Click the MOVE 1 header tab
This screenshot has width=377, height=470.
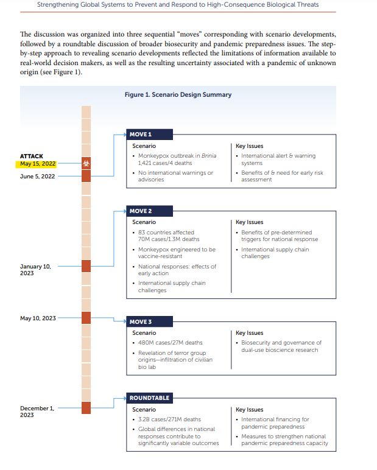(x=141, y=134)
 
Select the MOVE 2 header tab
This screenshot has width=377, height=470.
(x=141, y=211)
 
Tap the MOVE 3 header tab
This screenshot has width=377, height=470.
(x=141, y=321)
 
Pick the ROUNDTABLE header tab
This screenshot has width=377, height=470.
(x=149, y=398)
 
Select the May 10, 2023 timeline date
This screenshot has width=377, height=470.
(x=38, y=318)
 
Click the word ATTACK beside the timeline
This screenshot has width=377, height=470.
(x=32, y=156)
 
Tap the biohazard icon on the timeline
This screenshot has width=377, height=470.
(x=86, y=163)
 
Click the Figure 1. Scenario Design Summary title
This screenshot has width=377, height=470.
(x=178, y=94)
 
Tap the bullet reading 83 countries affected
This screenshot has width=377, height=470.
(x=166, y=233)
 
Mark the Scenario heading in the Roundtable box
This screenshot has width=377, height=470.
(x=144, y=410)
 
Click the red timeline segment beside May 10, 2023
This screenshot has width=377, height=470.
(x=86, y=318)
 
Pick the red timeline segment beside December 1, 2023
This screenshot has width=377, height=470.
(x=86, y=408)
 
